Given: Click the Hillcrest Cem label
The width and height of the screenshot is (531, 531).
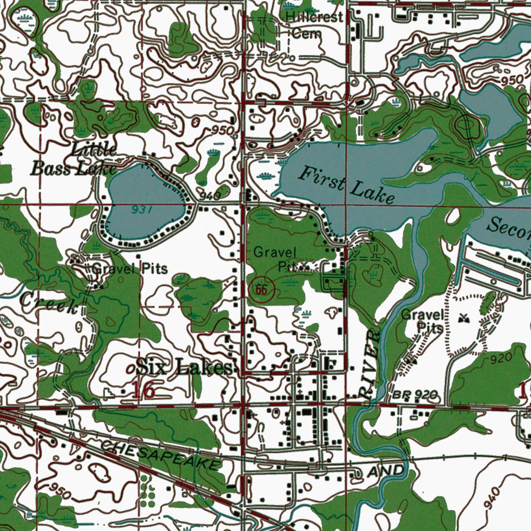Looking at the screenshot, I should click(315, 25).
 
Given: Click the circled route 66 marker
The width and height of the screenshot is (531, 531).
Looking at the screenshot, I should click(261, 290).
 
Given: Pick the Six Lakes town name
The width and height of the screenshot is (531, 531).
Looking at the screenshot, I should click(184, 368).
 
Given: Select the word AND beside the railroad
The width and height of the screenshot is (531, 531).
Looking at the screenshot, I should click(385, 471).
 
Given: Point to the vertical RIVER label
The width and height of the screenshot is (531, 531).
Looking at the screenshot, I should click(370, 365).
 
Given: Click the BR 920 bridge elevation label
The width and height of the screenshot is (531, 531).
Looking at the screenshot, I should click(415, 396).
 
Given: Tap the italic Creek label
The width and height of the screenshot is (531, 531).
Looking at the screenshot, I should click(49, 303).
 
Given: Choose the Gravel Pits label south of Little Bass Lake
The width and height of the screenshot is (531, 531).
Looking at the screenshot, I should click(130, 269).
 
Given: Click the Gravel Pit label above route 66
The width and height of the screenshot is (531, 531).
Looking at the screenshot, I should click(276, 260).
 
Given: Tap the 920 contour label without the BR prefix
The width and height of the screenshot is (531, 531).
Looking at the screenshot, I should click(501, 358).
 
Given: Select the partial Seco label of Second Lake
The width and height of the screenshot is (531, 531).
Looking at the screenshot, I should click(509, 227).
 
